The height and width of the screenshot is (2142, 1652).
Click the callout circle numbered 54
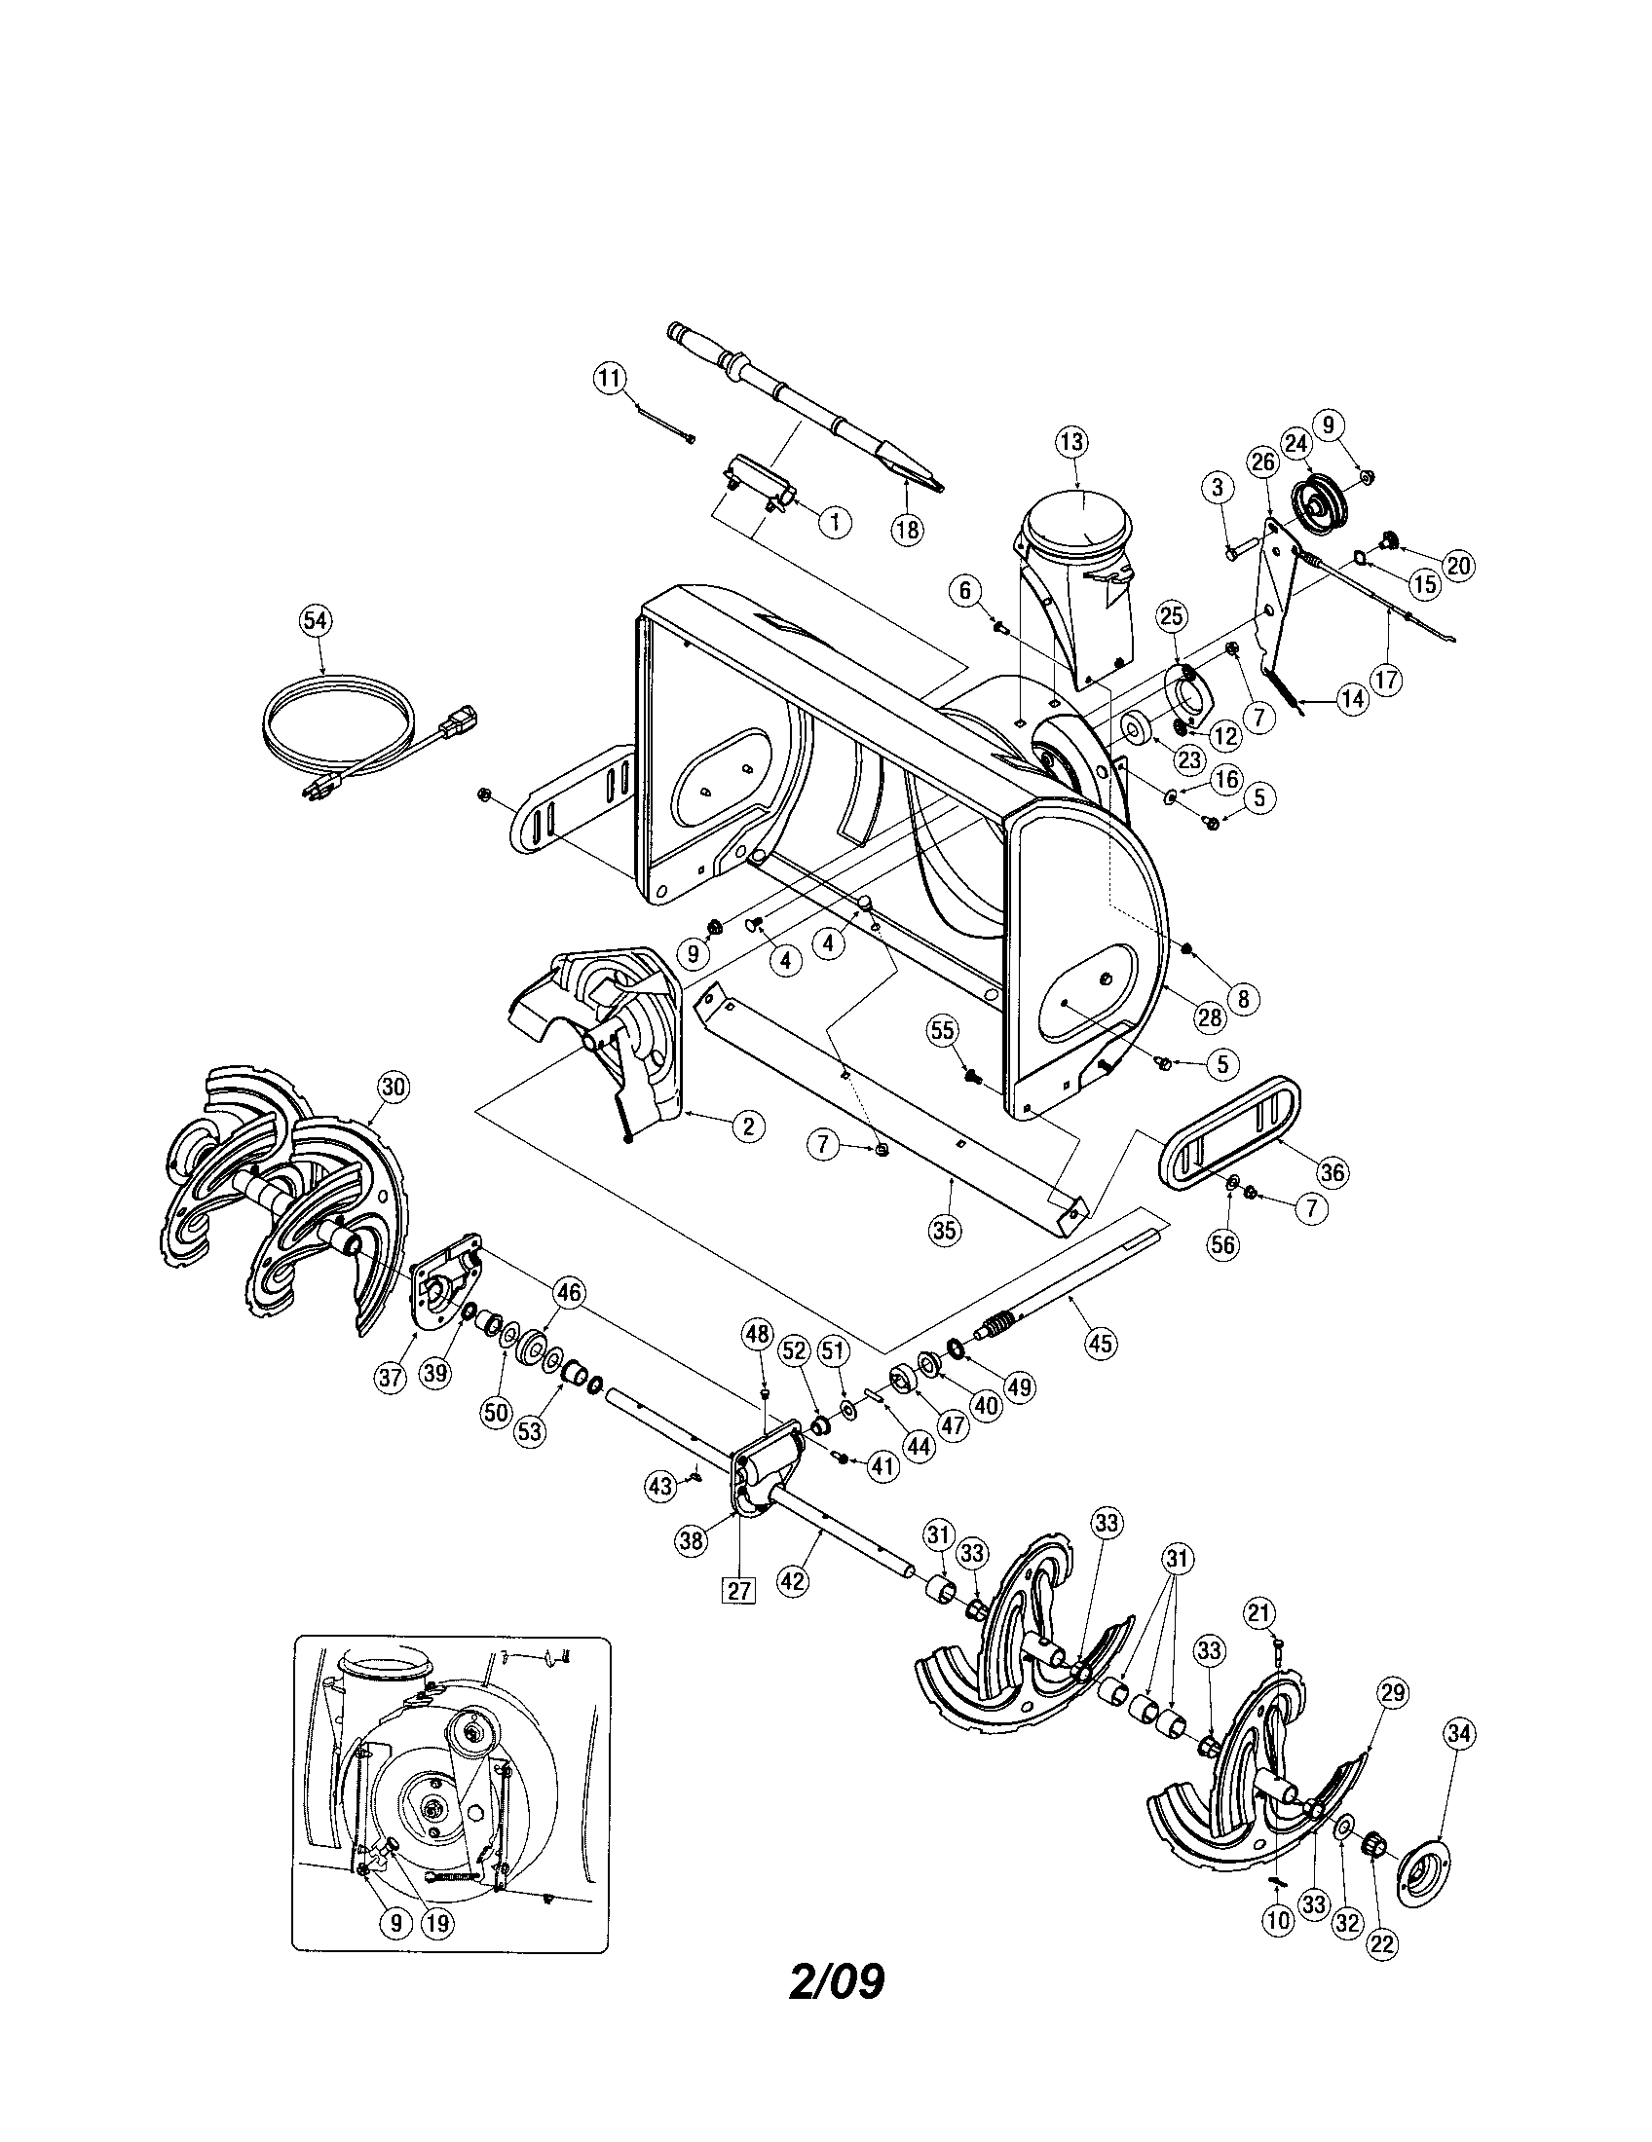coord(316,620)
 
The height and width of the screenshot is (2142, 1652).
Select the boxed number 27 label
coord(738,1591)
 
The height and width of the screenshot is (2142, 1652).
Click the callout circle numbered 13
coord(1071,442)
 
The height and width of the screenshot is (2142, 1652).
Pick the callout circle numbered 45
coord(1101,1343)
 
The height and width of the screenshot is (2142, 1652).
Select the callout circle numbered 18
coord(908,530)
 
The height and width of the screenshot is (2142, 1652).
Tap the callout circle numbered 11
coord(610,378)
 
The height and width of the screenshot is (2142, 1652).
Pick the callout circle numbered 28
coord(1210,1017)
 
